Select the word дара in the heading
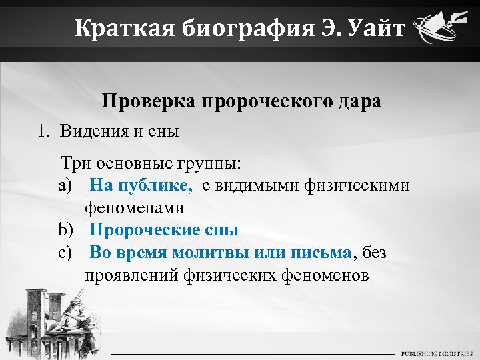358,101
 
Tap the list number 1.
43,131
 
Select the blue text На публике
141,185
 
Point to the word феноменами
134,208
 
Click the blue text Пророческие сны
163,231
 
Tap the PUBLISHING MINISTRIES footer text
437,353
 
